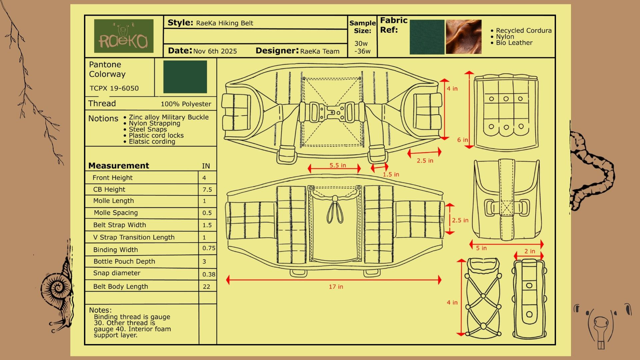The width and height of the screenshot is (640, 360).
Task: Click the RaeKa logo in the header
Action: point(124,36)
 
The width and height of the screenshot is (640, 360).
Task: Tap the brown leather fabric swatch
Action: point(464,37)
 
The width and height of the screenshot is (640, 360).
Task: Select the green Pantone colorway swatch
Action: point(185,77)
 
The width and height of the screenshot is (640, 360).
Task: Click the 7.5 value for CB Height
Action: point(207,190)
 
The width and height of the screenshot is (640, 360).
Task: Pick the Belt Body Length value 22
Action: point(206,287)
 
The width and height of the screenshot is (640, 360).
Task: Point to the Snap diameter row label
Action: point(117,273)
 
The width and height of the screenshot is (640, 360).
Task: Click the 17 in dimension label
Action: point(336,287)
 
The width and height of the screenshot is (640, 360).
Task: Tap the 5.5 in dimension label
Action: point(338,165)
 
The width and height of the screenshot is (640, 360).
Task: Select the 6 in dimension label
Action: point(462,140)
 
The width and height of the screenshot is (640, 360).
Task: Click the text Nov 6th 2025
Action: point(215,51)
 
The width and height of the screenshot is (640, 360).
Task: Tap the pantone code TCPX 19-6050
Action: point(114,88)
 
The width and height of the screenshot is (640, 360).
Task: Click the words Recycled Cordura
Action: point(524,31)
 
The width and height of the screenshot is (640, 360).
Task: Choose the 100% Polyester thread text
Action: point(186,104)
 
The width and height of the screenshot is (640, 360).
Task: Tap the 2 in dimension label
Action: point(530,251)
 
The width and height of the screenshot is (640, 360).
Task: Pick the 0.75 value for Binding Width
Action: point(209,248)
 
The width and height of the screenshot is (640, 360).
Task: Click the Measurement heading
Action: point(119,166)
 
